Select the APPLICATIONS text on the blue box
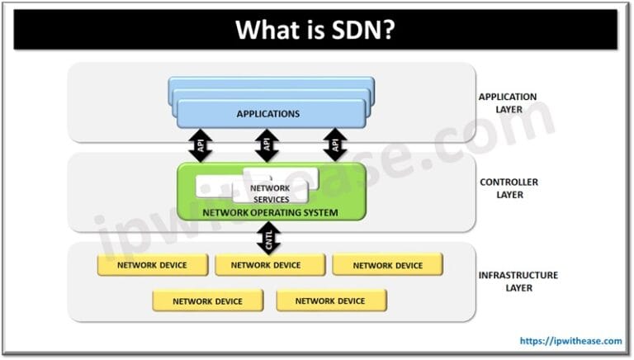click(267, 113)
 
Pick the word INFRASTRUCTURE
click(518, 275)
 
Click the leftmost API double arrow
click(201, 144)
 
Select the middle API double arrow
click(266, 144)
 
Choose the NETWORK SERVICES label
click(269, 193)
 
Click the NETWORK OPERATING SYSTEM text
click(269, 212)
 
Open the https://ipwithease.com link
click(570, 340)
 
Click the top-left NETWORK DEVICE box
click(151, 265)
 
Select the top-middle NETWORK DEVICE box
click(269, 265)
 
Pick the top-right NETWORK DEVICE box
click(387, 265)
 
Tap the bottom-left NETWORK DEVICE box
click(207, 301)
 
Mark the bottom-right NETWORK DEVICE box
click(330, 301)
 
